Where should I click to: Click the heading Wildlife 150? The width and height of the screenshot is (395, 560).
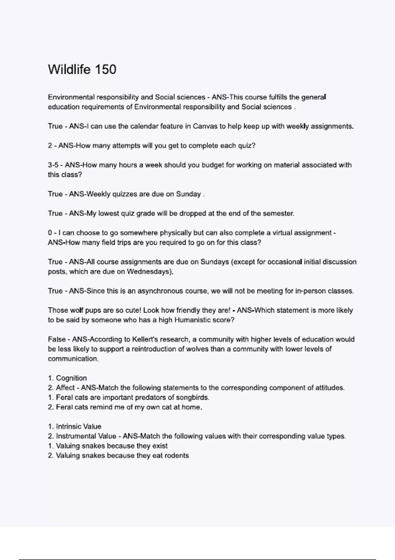click(82, 70)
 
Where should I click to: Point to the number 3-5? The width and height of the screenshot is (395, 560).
click(53, 165)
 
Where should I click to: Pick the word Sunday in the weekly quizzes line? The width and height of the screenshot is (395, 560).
click(188, 194)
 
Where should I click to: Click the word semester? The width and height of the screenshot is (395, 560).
click(278, 213)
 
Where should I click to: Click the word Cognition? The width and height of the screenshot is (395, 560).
click(71, 378)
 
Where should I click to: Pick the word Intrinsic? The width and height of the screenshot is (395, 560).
click(69, 427)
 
